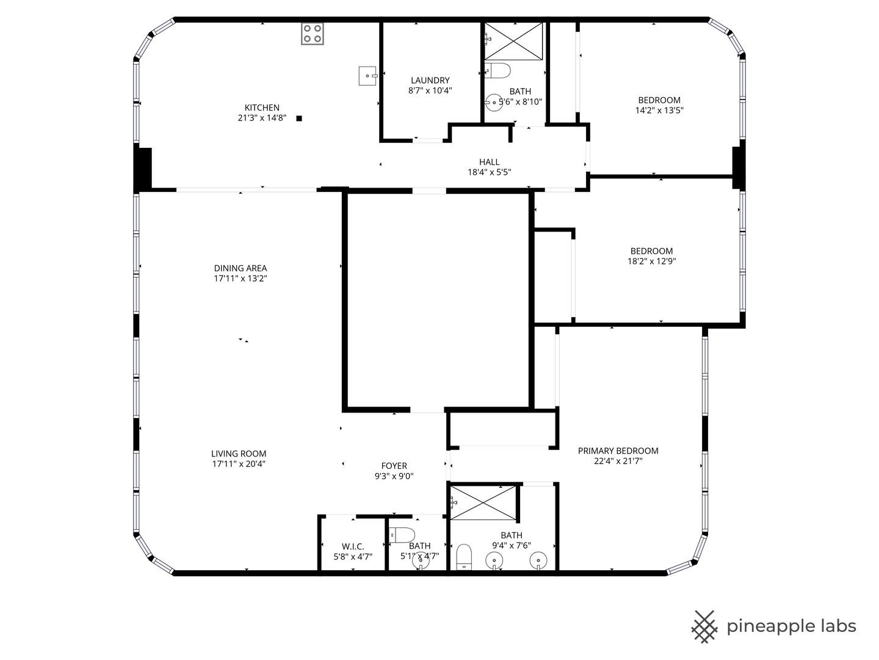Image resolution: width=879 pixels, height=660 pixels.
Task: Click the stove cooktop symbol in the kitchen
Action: pos(313,34)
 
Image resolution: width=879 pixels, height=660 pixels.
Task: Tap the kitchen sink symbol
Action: pos(367,76)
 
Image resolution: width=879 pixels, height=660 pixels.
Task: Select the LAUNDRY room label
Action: pos(430,80)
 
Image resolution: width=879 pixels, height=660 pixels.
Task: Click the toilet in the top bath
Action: pos(498,71)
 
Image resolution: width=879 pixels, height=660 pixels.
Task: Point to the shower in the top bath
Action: pos(513,42)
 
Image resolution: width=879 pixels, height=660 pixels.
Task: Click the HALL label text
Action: pos(489,162)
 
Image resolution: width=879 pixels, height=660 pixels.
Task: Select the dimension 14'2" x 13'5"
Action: pos(659,111)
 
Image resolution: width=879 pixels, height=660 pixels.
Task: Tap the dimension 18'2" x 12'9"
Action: pos(652,262)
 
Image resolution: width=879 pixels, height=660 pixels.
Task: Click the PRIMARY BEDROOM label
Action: pos(618,451)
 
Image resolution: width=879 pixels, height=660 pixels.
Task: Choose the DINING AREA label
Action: pos(241,268)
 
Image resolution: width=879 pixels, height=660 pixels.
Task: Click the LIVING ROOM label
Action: pos(239,453)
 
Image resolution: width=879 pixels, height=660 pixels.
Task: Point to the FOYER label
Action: pos(394,466)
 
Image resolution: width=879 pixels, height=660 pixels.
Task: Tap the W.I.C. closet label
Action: pos(353,546)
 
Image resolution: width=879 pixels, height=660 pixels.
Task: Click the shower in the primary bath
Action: pos(483,503)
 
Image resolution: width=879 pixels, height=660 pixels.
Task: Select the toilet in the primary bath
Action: pos(465,557)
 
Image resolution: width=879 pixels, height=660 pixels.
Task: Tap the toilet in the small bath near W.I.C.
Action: pos(402,535)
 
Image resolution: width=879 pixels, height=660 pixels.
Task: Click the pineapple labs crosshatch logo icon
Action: pos(704,626)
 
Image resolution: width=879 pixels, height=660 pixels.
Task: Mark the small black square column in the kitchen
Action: pos(299,119)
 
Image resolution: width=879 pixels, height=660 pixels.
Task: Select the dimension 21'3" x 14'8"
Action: pos(262,118)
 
